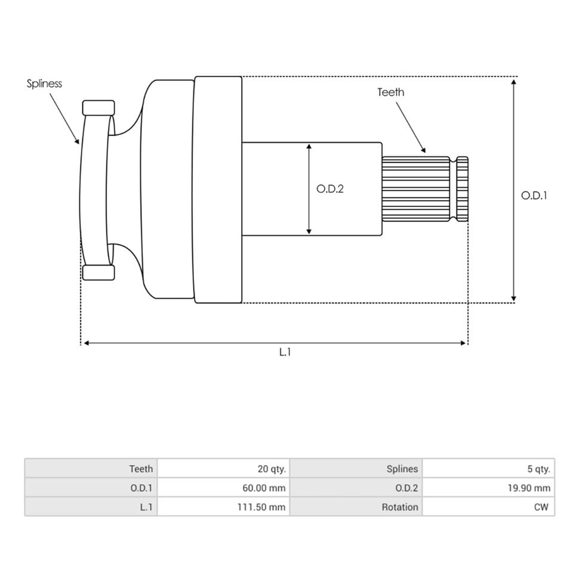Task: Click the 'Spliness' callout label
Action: [44, 84]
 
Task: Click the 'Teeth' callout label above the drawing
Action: [390, 92]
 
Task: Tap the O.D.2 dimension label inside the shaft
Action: [330, 189]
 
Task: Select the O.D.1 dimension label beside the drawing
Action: [534, 196]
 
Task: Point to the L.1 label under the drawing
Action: [285, 352]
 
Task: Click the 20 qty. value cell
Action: [224, 469]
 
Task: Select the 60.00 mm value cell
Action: [224, 488]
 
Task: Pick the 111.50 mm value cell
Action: [224, 507]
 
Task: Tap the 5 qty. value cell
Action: [489, 469]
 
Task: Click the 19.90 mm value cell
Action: [489, 488]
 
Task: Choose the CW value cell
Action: [489, 507]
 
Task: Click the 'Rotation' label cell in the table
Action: [356, 507]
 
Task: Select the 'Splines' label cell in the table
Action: [356, 469]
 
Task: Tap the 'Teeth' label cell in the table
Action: [91, 469]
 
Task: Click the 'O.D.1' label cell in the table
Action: [91, 488]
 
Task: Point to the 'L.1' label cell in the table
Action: [91, 507]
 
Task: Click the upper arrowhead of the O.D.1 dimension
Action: [513, 82]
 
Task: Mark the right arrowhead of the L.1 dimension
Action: [463, 343]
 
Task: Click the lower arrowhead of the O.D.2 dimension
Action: [309, 232]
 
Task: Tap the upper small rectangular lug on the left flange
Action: [98, 108]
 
